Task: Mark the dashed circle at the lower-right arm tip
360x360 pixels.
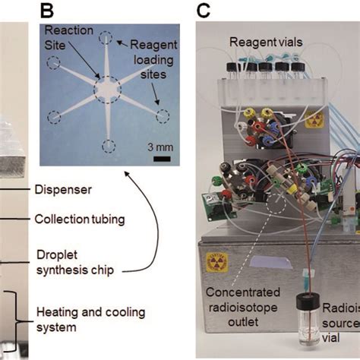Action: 163,116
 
